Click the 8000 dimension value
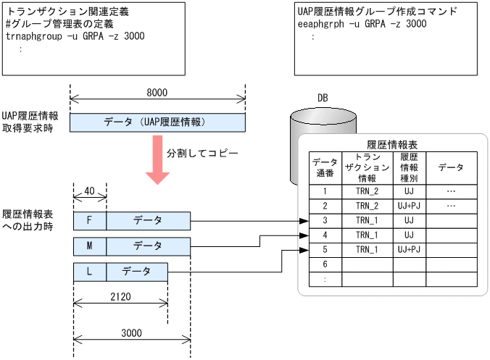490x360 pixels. click(x=157, y=92)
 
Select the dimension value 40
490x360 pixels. click(x=90, y=191)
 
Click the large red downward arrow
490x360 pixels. click(x=157, y=159)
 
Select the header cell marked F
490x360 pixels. click(x=90, y=220)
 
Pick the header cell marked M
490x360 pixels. click(x=90, y=246)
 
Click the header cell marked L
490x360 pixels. click(x=90, y=272)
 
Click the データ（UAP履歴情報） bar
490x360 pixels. click(x=157, y=122)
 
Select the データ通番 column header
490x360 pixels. click(x=325, y=168)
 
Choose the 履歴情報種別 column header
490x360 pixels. click(x=410, y=168)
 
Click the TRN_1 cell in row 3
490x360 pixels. click(x=367, y=219)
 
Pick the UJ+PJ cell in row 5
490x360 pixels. click(x=410, y=249)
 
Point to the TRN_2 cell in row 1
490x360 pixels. click(x=367, y=191)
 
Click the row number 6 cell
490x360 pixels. click(x=325, y=264)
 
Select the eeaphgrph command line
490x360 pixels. click(x=362, y=24)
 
